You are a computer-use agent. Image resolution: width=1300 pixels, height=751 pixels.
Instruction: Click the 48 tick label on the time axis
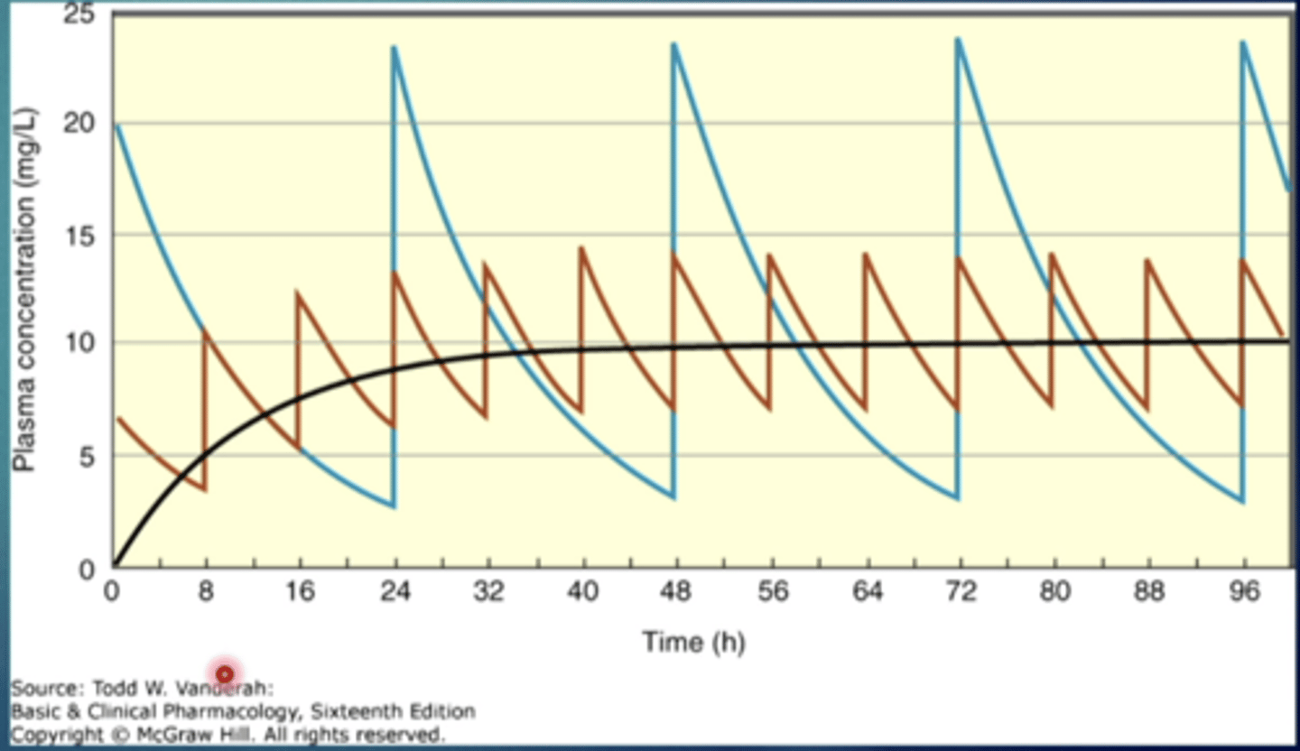coord(675,593)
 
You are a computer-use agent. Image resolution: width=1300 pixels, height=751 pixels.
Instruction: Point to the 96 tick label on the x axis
coord(1244,593)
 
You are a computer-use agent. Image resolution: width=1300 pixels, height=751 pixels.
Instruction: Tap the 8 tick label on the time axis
coord(206,593)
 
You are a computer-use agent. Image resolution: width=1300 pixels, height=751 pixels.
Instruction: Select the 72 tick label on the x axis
coord(960,593)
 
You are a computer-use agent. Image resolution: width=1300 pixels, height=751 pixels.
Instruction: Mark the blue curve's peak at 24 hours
coord(394,47)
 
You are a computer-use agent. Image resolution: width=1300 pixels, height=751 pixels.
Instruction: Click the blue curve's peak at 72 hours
coord(958,39)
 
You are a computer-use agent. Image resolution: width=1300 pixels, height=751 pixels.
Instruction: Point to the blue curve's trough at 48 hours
coord(673,497)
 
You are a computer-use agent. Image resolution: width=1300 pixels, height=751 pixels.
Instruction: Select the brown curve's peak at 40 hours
coord(581,247)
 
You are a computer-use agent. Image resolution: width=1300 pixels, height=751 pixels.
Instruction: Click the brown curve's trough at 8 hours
coord(205,490)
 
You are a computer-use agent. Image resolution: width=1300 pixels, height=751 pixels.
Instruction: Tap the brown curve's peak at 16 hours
coord(299,292)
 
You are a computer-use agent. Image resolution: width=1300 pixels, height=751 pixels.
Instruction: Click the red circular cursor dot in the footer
coord(224,673)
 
